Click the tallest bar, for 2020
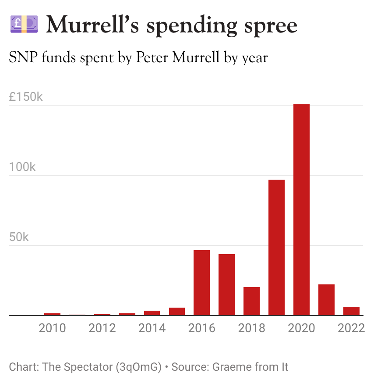(x=301, y=210)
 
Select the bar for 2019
(x=276, y=248)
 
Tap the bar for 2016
(x=201, y=283)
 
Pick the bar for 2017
(x=226, y=285)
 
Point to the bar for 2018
(x=251, y=301)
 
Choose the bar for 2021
(x=326, y=300)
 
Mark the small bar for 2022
(x=351, y=311)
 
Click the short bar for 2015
(x=177, y=312)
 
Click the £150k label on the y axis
(x=26, y=97)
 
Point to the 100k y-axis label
(x=22, y=167)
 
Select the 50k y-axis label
(x=19, y=237)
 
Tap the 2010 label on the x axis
(x=52, y=328)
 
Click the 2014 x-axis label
(x=152, y=328)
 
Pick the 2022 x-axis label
(x=351, y=328)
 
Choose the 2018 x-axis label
(x=251, y=328)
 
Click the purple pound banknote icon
(x=24, y=24)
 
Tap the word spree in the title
(x=271, y=26)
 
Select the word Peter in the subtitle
(x=152, y=57)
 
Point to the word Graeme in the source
(x=232, y=367)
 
